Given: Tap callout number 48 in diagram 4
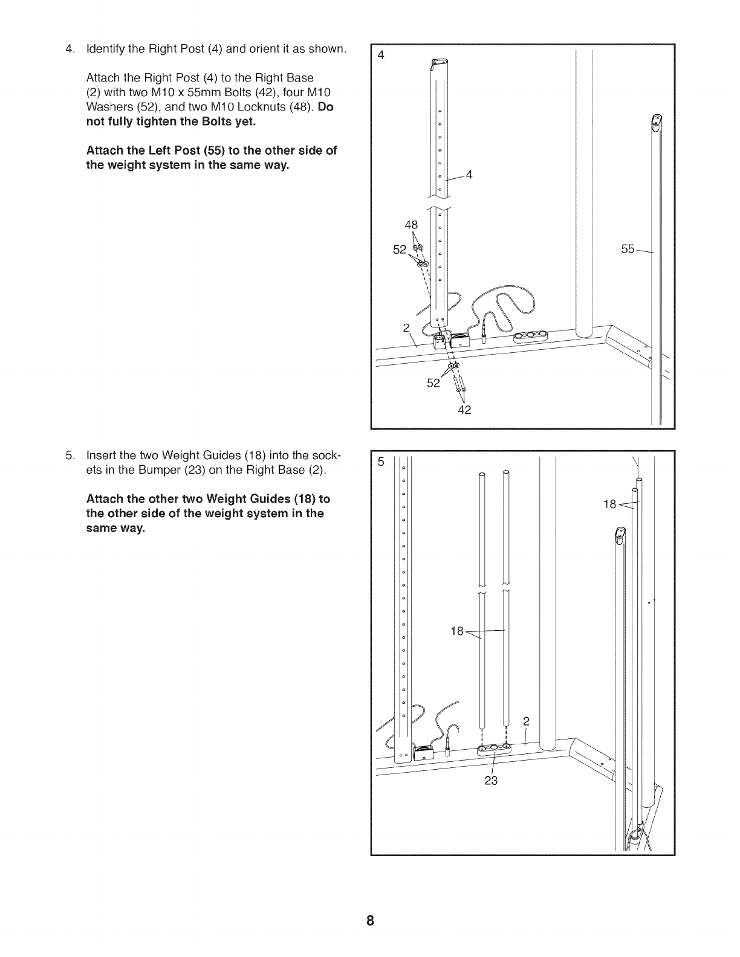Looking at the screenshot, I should pyautogui.click(x=411, y=225).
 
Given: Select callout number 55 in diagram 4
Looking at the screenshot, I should pyautogui.click(x=627, y=249).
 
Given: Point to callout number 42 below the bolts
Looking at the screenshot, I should pyautogui.click(x=464, y=410).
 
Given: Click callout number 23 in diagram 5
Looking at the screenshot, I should pyautogui.click(x=491, y=781).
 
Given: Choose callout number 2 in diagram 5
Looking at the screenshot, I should pyautogui.click(x=526, y=721).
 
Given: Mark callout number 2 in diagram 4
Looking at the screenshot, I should pyautogui.click(x=406, y=328).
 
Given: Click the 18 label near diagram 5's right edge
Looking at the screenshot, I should pyautogui.click(x=609, y=504).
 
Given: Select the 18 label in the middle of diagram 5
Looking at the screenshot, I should pyautogui.click(x=457, y=631).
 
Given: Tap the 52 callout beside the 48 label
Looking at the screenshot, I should pyautogui.click(x=400, y=249).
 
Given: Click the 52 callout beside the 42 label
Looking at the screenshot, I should pyautogui.click(x=433, y=382).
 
